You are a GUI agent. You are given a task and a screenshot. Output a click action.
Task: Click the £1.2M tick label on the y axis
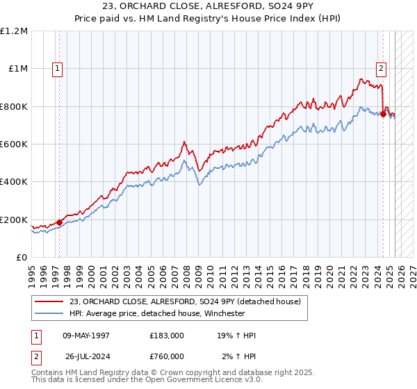coord(15,31)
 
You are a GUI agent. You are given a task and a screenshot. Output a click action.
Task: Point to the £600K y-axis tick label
coord(13,144)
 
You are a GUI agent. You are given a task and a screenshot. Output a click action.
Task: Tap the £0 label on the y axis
coord(22,258)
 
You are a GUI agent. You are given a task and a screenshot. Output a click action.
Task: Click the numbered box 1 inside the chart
coord(56,68)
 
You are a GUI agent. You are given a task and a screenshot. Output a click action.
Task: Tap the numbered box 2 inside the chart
coord(382,68)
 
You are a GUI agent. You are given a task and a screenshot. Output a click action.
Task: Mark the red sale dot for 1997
coord(59,223)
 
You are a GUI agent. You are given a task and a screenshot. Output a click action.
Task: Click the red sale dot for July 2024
coord(383,114)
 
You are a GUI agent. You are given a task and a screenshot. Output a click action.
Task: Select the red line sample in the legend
coord(49,301)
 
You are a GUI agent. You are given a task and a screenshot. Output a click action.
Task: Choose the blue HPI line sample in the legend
coord(49,313)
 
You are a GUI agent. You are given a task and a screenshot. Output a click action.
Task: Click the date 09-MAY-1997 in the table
coord(86,336)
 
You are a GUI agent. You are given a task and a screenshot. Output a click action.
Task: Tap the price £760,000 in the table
coord(167,356)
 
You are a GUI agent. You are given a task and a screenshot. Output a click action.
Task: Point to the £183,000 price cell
coord(167,336)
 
